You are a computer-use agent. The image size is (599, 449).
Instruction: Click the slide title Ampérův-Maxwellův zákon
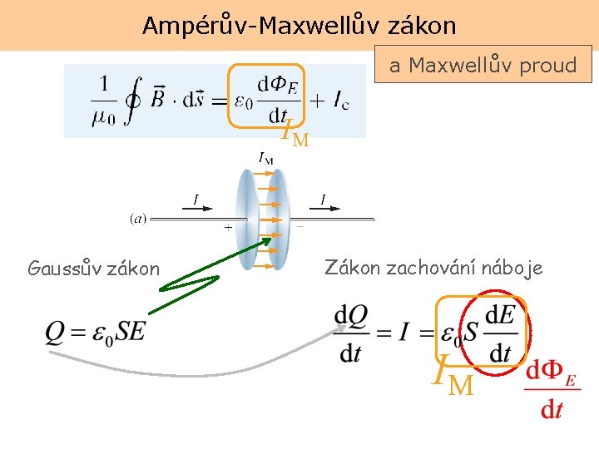[x=299, y=26]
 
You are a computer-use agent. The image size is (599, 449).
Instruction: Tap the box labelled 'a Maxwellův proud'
[x=483, y=65]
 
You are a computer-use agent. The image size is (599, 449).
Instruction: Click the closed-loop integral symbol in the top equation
[x=132, y=101]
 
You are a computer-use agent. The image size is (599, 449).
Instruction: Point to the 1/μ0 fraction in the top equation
[x=103, y=101]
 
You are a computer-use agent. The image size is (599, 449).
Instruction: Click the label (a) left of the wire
[x=137, y=219]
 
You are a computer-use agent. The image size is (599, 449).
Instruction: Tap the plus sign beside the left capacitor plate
[x=228, y=226]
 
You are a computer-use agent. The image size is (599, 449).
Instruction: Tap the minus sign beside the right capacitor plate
[x=300, y=225]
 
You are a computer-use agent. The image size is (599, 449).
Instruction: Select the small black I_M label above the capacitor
[x=266, y=157]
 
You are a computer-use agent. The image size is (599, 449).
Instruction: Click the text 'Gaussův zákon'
[x=93, y=269]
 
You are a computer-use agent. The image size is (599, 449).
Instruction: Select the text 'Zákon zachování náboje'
[x=433, y=268]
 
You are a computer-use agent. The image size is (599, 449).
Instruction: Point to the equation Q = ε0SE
[x=96, y=332]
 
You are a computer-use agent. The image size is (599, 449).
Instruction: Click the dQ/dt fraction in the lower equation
[x=350, y=333]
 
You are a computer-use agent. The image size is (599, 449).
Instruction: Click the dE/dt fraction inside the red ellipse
[x=499, y=333]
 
